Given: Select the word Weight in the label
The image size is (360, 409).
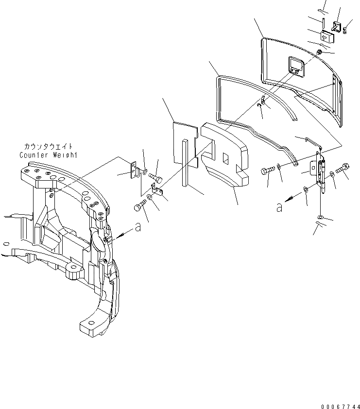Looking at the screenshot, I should [66, 155].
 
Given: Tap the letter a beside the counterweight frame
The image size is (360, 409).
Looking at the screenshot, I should [138, 227].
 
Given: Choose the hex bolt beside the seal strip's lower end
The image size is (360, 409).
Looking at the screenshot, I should [266, 171].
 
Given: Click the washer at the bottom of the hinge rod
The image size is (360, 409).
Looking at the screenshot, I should [320, 216].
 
